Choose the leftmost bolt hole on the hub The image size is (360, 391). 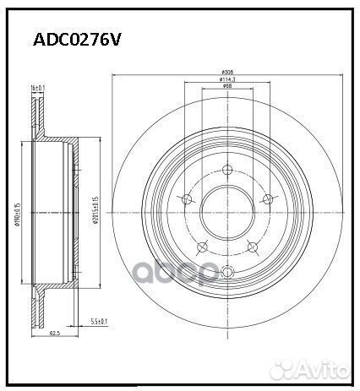click(x=187, y=199)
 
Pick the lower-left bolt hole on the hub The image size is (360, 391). click(x=202, y=247)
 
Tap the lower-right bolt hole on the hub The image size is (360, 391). click(x=251, y=247)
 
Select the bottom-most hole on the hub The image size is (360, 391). click(x=226, y=270)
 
